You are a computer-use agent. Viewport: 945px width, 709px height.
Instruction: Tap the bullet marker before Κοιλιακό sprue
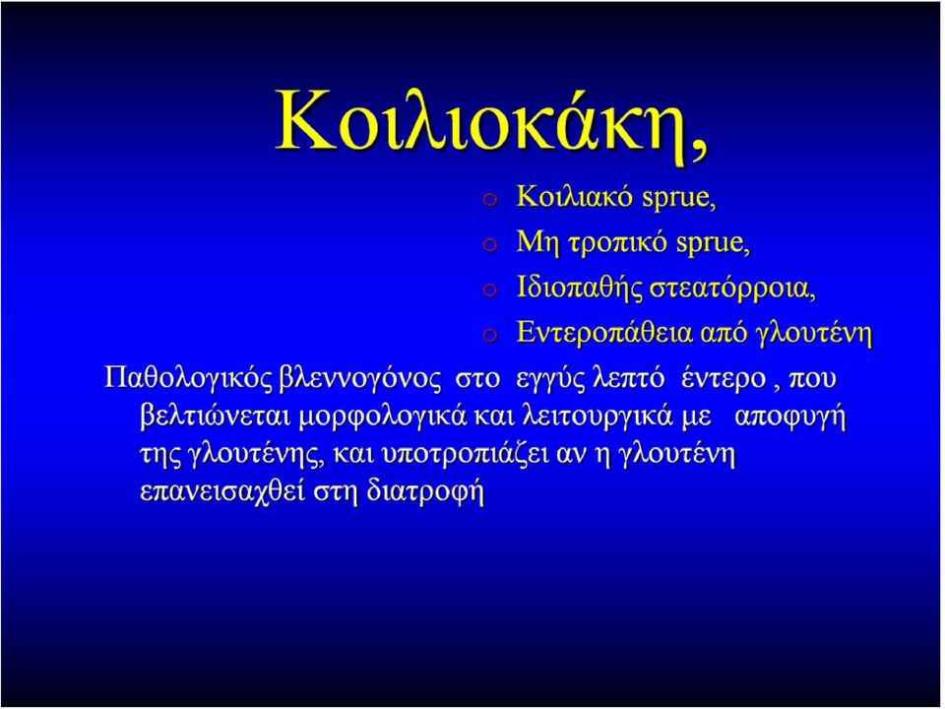(x=490, y=201)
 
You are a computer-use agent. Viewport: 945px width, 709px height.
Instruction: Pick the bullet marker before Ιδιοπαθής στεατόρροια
(x=490, y=291)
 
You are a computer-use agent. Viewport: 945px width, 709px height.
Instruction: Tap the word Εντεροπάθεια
(x=604, y=333)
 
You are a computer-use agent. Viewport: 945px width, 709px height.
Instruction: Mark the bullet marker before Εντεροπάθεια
(x=490, y=337)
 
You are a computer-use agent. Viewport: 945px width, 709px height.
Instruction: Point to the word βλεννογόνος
(x=360, y=379)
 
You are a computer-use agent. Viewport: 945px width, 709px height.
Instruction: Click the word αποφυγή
(x=790, y=419)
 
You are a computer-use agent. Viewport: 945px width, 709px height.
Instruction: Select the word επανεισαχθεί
(x=223, y=492)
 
